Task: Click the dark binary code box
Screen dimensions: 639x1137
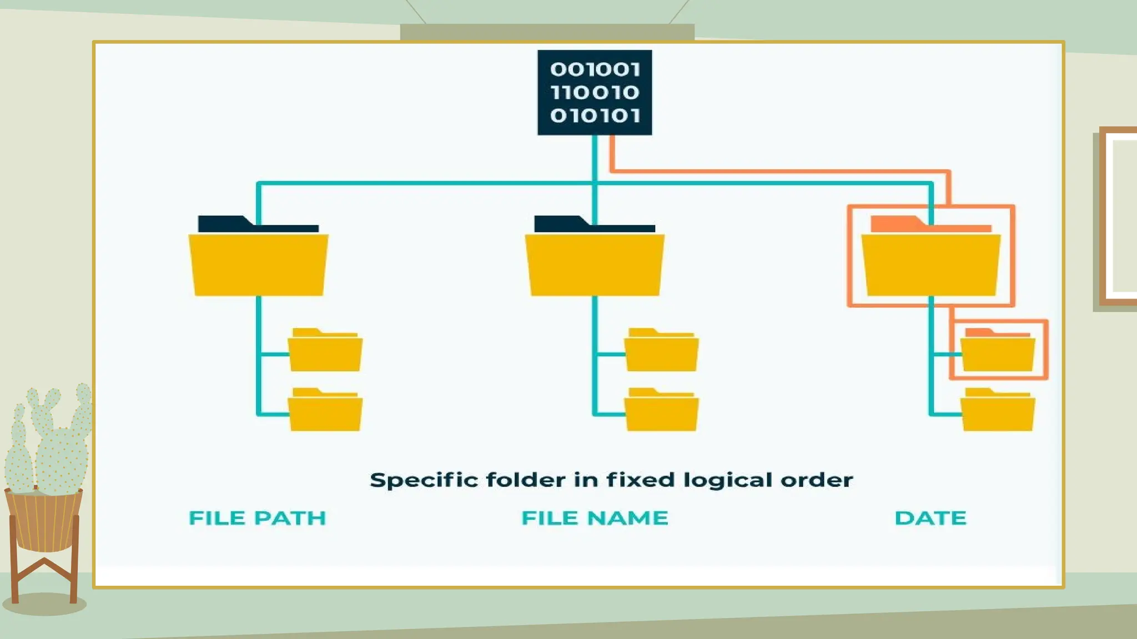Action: pyautogui.click(x=595, y=92)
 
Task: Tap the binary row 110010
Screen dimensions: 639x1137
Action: pyautogui.click(x=595, y=92)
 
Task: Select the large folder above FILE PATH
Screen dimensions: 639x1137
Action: pyautogui.click(x=258, y=264)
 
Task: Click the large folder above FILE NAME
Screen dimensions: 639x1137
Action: pyautogui.click(x=595, y=264)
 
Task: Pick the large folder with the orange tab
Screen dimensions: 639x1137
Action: pyautogui.click(x=931, y=264)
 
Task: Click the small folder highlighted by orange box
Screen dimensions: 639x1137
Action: pyautogui.click(x=998, y=353)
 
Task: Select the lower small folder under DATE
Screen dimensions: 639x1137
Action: pyautogui.click(x=998, y=412)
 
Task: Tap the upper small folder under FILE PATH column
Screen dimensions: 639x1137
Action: pyautogui.click(x=325, y=353)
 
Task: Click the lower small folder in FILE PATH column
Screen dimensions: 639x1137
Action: pyautogui.click(x=325, y=412)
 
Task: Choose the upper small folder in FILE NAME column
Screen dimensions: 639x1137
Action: pyautogui.click(x=661, y=353)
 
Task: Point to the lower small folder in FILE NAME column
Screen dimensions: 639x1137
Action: pyautogui.click(x=661, y=412)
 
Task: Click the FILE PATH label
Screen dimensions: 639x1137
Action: pyautogui.click(x=258, y=518)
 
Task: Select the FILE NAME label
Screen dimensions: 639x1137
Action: pyautogui.click(x=595, y=518)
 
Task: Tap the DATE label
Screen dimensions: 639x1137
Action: pyautogui.click(x=930, y=518)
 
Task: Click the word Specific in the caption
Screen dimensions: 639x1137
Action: pyautogui.click(x=424, y=480)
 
